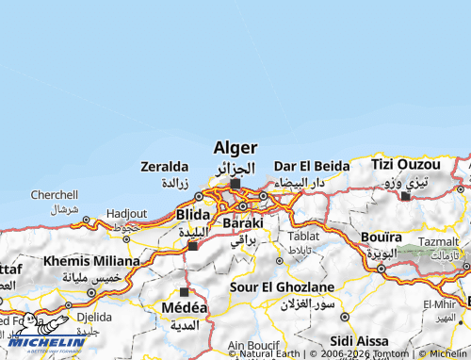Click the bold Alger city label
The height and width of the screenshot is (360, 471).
click(235, 148)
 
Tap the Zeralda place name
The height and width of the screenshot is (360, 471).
click(165, 166)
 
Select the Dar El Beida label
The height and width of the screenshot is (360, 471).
click(312, 165)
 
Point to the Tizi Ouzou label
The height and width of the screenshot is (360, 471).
click(405, 164)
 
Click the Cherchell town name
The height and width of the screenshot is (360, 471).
click(55, 194)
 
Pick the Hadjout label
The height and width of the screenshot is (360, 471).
click(126, 214)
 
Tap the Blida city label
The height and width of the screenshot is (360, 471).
click(193, 215)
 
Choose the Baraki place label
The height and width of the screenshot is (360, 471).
click(243, 223)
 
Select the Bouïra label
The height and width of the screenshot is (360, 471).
click(382, 237)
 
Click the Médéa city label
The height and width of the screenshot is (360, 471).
click(185, 308)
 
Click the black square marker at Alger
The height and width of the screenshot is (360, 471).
click(235, 184)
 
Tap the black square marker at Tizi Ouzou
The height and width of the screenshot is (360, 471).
click(405, 196)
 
